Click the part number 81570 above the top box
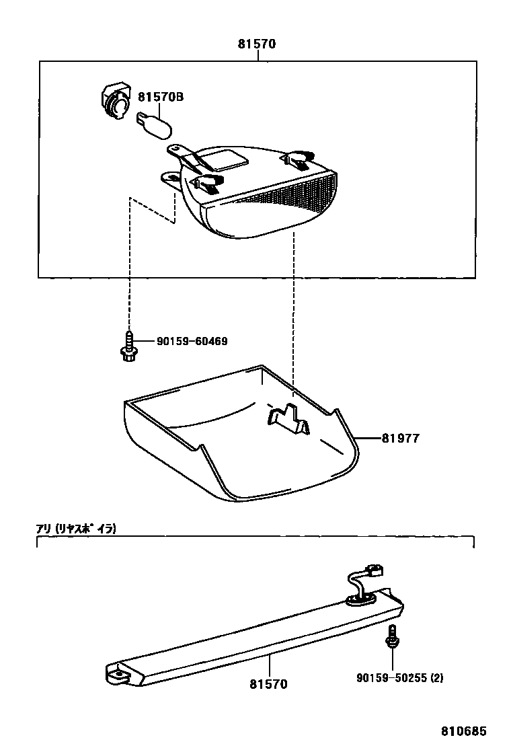(x=257, y=45)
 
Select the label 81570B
(x=161, y=98)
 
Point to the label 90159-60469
(x=192, y=342)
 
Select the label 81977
(x=400, y=438)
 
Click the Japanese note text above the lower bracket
(x=76, y=529)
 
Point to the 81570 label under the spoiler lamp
(x=268, y=683)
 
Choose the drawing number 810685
(x=463, y=731)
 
